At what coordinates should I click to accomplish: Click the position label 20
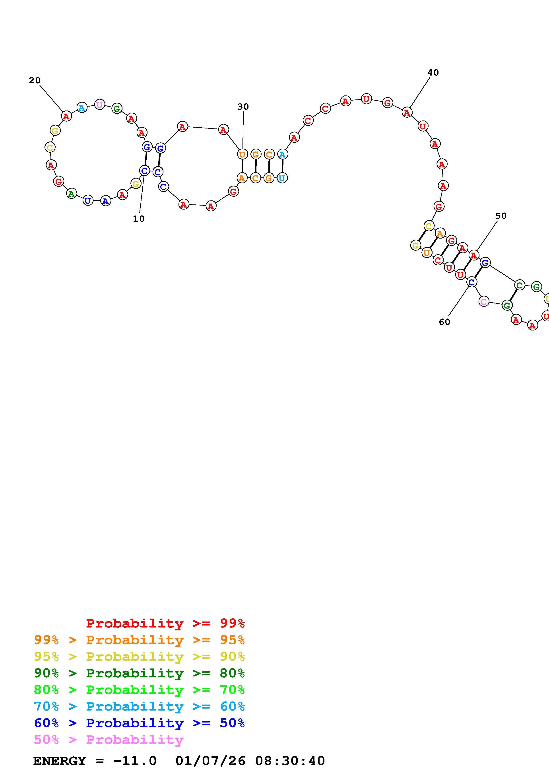35,81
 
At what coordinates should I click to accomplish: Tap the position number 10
139,219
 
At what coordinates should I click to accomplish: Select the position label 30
243,107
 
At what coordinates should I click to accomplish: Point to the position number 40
433,73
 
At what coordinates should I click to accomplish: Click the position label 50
501,216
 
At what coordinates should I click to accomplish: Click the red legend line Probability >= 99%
165,623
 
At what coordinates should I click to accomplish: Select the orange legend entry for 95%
139,640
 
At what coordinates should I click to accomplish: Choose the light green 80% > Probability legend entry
139,690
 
